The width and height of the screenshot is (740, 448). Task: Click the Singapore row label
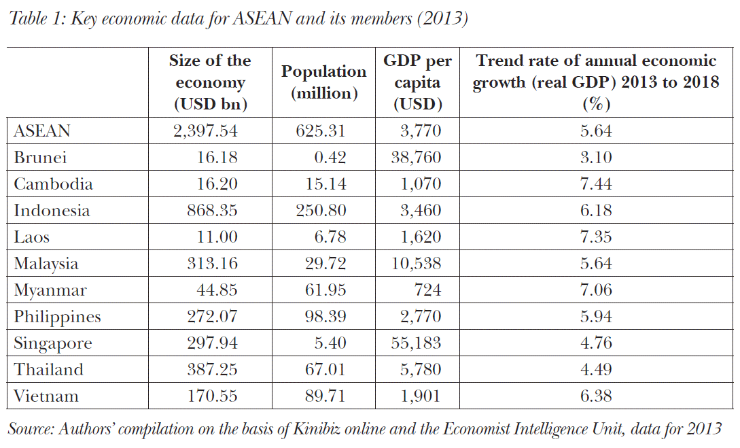click(52, 343)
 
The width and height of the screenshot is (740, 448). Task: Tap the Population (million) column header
click(323, 82)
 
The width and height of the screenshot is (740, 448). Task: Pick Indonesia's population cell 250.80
click(321, 211)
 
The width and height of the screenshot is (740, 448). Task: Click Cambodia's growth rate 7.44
click(596, 184)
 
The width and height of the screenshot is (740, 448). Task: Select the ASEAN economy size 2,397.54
click(205, 131)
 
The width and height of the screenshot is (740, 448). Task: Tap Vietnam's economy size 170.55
click(212, 396)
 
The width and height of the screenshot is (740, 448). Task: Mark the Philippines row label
click(57, 317)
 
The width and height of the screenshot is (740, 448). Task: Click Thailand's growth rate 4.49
click(596, 370)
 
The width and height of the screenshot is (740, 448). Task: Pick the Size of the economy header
click(210, 82)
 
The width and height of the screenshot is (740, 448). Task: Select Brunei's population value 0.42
click(332, 158)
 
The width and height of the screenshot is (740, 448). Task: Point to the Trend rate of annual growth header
click(596, 82)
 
